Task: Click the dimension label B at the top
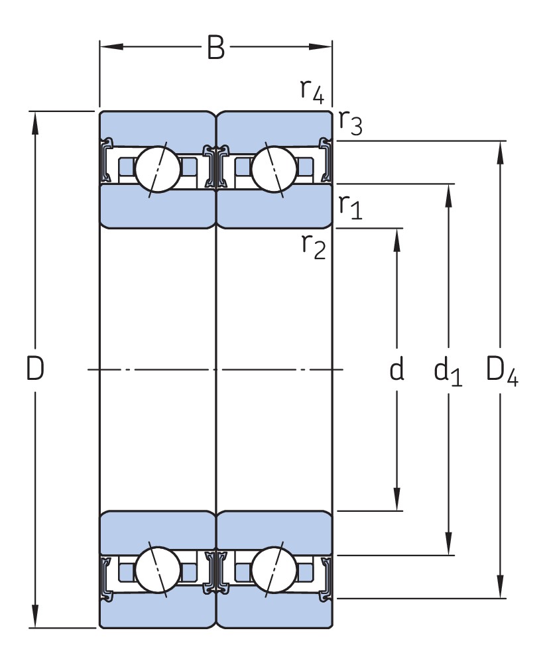click(x=216, y=47)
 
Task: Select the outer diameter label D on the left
click(x=35, y=368)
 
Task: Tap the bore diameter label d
click(x=396, y=369)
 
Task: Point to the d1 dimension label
click(x=448, y=371)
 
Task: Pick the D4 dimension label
click(x=502, y=371)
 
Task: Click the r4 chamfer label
click(x=312, y=91)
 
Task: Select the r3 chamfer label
click(x=350, y=123)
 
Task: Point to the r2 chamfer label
click(x=314, y=246)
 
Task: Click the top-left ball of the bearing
click(x=158, y=169)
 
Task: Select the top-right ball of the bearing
click(x=274, y=169)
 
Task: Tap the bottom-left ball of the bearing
click(x=158, y=570)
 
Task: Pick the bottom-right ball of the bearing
click(x=274, y=570)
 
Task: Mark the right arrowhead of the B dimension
click(x=321, y=46)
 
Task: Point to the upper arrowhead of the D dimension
click(x=35, y=123)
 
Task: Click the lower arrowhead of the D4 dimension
click(x=500, y=586)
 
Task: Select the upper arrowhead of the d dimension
click(x=396, y=240)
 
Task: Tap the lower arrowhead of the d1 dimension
click(x=448, y=544)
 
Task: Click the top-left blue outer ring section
click(x=157, y=127)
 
